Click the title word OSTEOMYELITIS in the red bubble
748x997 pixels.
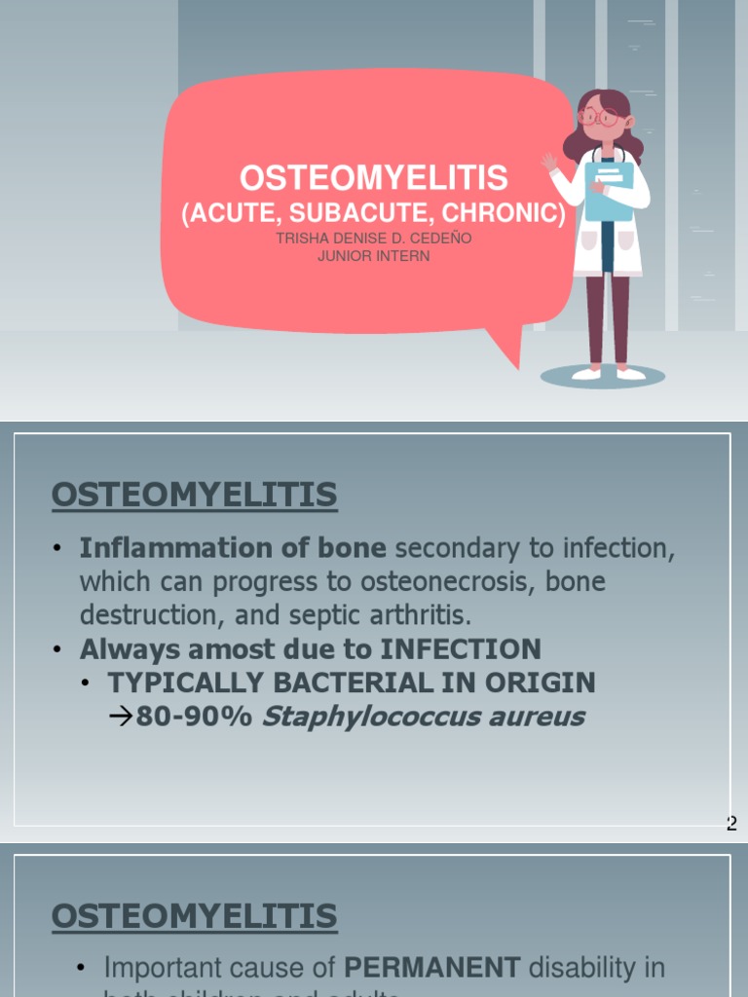(374, 177)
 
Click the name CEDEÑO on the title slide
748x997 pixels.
(439, 238)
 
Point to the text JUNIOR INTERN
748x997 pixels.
(374, 256)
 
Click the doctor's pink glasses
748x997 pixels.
(600, 118)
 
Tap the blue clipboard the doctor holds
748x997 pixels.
(610, 190)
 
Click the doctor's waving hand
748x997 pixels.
(550, 161)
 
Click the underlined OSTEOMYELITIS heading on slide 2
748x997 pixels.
(194, 495)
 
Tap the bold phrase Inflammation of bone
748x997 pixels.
(233, 548)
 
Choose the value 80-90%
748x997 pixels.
(194, 718)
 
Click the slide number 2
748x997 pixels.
(732, 824)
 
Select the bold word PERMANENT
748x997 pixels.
(432, 968)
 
